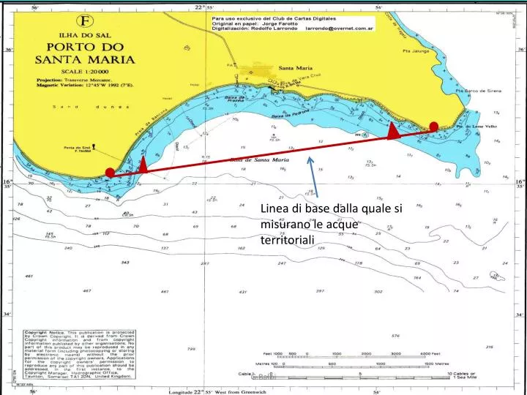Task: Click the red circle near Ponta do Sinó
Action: coord(110,173)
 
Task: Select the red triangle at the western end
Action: coord(143,165)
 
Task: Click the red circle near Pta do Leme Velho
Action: coord(433,127)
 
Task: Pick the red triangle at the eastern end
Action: coord(393,131)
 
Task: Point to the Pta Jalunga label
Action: coord(438,52)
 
